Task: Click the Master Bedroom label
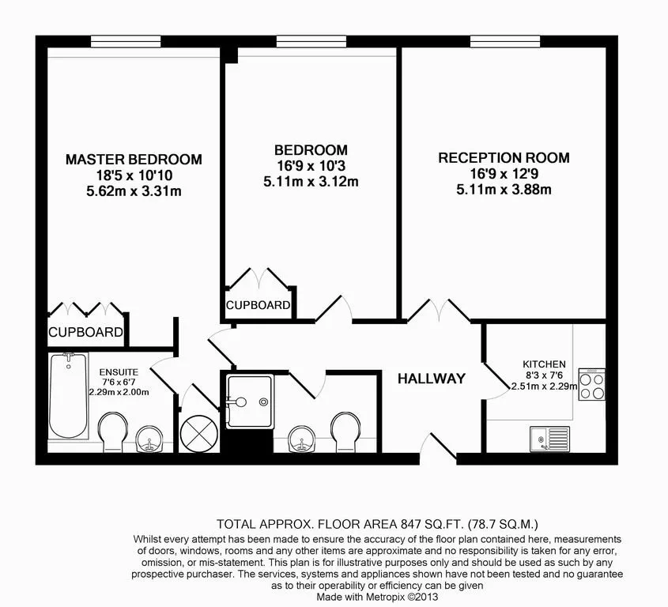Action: [134, 160]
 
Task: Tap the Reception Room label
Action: [504, 158]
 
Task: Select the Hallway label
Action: [432, 379]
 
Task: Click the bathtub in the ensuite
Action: [69, 396]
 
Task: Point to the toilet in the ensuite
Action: [113, 432]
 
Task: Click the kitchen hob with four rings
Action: [592, 385]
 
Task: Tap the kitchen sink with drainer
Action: [549, 439]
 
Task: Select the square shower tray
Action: [249, 402]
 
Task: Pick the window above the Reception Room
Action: [505, 42]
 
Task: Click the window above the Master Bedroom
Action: [126, 42]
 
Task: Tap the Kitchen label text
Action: [544, 364]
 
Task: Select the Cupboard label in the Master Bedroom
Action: [85, 332]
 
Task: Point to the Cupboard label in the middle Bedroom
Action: [259, 305]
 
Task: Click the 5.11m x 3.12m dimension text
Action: [311, 182]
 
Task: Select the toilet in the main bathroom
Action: [346, 432]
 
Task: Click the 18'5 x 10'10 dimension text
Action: [134, 175]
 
